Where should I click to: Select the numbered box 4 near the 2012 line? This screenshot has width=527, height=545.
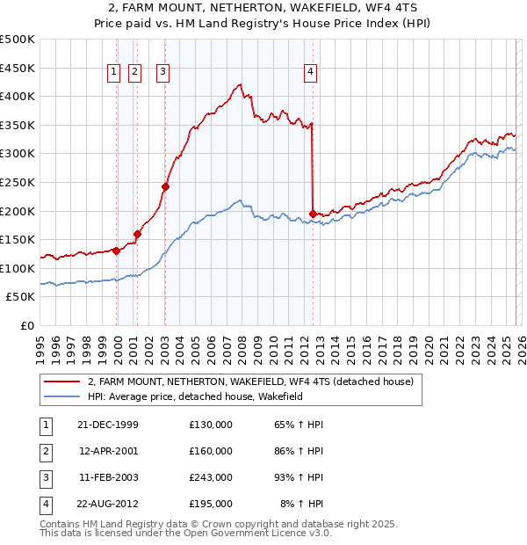(x=311, y=73)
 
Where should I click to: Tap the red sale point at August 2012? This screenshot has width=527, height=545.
(x=314, y=214)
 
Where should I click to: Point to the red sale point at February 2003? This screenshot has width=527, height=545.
(x=165, y=186)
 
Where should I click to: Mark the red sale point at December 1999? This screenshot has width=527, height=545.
(x=117, y=251)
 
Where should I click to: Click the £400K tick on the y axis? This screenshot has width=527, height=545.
(x=18, y=97)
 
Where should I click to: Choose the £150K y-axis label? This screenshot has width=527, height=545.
(x=18, y=239)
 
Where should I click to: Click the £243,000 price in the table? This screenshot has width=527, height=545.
(x=211, y=477)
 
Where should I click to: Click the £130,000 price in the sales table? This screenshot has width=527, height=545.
(x=211, y=425)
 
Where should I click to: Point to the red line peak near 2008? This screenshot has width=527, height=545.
(x=240, y=85)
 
